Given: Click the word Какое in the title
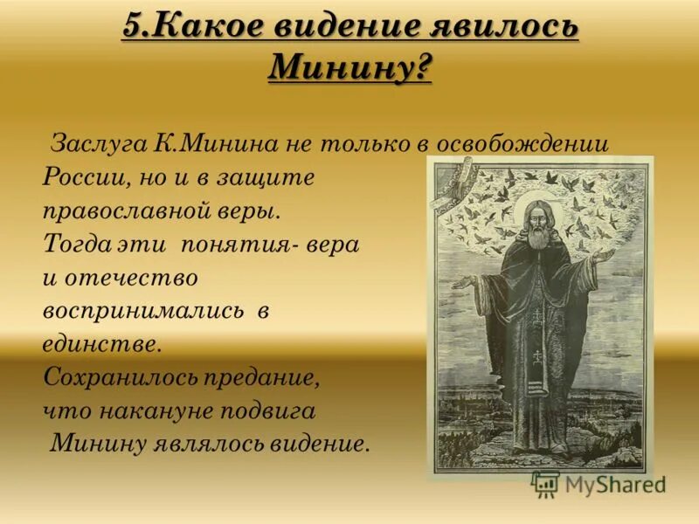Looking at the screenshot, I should click(205, 27).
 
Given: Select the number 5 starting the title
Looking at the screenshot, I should click(131, 27).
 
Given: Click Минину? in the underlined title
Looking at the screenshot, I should click(349, 66).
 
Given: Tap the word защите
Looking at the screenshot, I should click(267, 176).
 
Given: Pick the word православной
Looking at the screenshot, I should click(128, 210).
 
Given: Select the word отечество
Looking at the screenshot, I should click(130, 278).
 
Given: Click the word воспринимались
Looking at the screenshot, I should click(142, 312).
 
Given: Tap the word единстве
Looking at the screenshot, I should click(101, 344).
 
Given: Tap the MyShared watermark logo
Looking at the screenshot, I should click(599, 483).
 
